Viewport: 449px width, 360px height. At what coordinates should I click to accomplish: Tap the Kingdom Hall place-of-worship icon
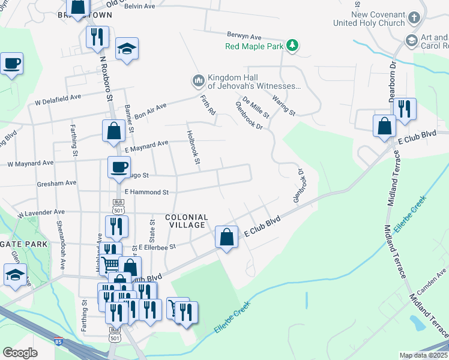198,80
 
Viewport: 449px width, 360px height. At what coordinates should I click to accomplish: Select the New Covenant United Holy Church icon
413,19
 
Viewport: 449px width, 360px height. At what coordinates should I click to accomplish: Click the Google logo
20,352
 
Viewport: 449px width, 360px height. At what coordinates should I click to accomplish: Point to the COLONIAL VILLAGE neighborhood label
186,221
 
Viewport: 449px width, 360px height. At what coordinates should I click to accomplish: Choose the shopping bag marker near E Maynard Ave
113,131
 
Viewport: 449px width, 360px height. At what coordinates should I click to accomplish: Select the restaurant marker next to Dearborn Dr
405,109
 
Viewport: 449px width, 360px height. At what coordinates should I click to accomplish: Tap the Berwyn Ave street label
244,36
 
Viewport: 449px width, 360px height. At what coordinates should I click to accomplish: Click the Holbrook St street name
193,148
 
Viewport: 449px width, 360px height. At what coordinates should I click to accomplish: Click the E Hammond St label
146,192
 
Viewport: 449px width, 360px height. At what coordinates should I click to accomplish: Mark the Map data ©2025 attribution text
423,355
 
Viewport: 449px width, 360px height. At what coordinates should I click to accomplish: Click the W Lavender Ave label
41,212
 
